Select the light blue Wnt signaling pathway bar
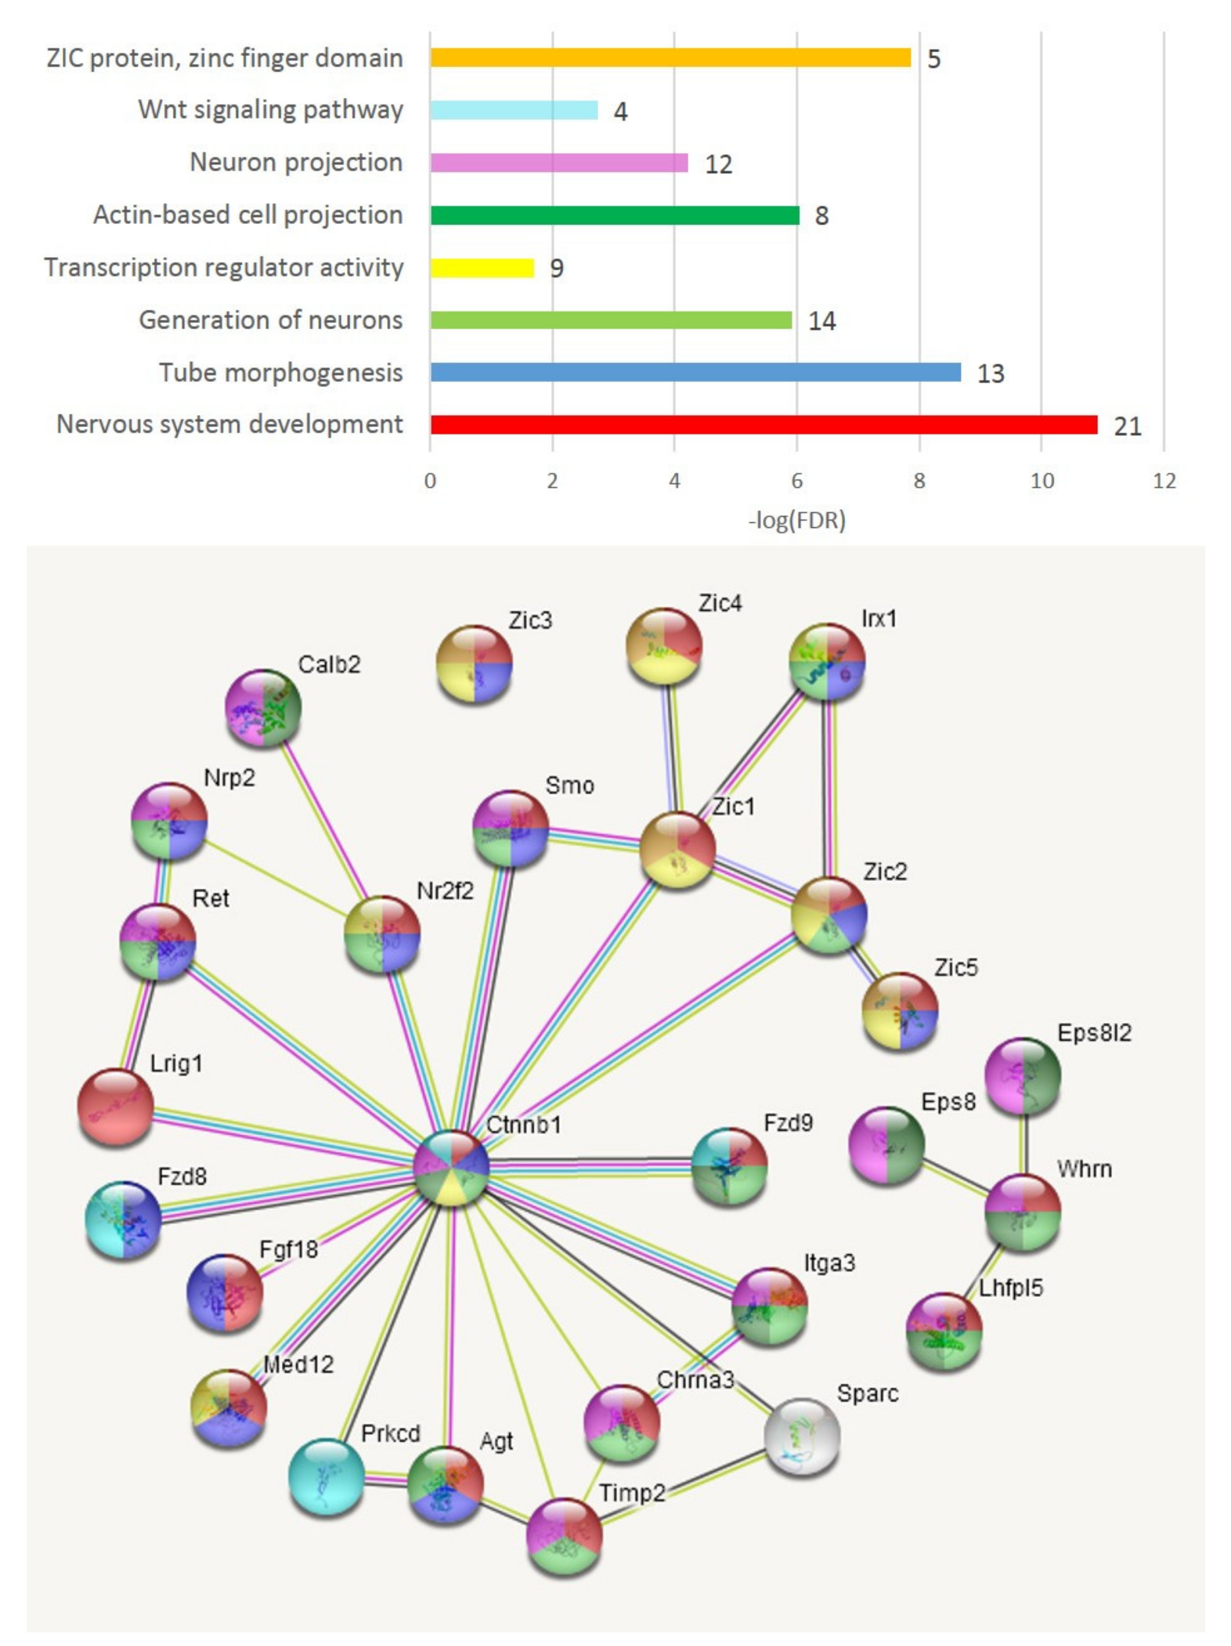pyautogui.click(x=513, y=110)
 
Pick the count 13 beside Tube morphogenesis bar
pyautogui.click(x=990, y=373)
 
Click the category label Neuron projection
pyautogui.click(x=296, y=162)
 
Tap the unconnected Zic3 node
pyautogui.click(x=474, y=664)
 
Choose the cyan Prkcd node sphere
pyautogui.click(x=326, y=1477)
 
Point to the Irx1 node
pyautogui.click(x=826, y=661)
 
